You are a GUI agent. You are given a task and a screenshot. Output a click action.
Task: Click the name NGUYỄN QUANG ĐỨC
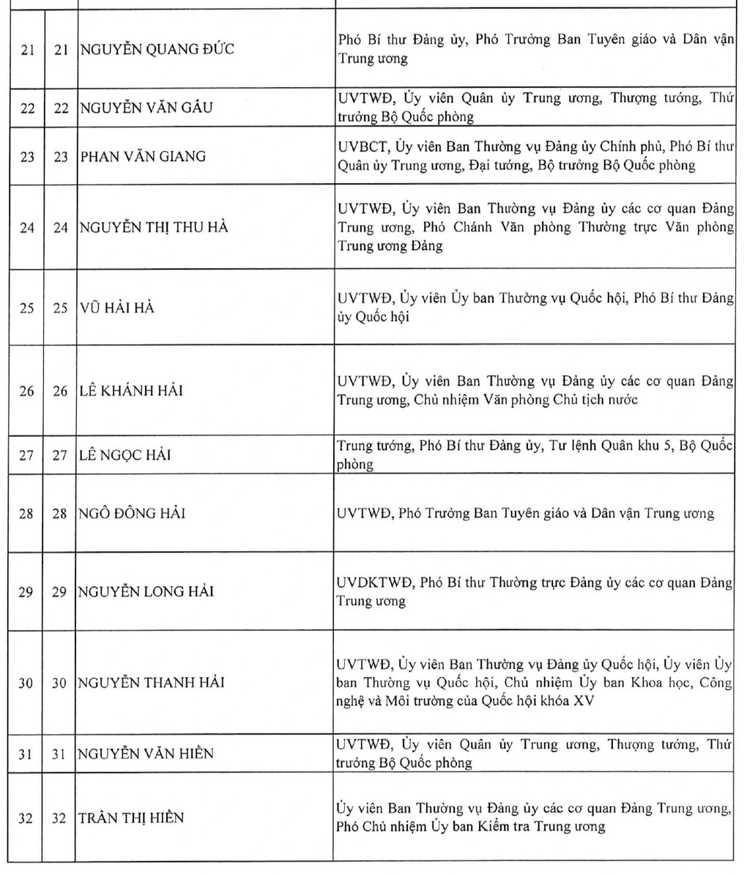tap(157, 50)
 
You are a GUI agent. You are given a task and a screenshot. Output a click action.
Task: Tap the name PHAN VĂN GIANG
tap(143, 156)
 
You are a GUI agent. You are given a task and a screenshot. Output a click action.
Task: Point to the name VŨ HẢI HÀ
tap(117, 308)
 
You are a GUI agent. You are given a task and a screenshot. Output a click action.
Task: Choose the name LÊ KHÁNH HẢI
tap(131, 391)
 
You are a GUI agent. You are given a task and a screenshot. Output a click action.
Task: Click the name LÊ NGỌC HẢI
tap(124, 455)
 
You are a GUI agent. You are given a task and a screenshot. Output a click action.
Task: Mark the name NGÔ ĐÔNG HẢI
tap(132, 513)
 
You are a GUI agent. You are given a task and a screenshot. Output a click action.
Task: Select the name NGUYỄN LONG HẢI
tap(146, 591)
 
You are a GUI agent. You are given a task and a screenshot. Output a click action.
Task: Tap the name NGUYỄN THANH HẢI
tap(152, 682)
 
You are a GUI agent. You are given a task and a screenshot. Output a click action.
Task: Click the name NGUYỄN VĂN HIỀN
tap(146, 753)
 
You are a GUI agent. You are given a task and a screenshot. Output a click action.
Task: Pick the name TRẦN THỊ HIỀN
tap(132, 818)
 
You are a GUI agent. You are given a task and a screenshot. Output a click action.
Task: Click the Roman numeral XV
tap(584, 701)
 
